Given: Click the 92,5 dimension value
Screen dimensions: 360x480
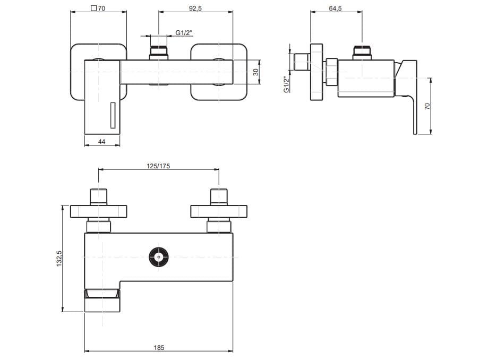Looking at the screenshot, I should [197, 8].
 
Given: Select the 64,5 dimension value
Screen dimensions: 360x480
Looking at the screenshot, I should [336, 8].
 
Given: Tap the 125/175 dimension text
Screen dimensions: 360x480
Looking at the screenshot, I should [158, 166].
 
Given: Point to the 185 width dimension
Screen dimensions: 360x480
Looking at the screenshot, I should [159, 347].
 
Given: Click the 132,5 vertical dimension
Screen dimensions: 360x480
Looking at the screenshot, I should [60, 259].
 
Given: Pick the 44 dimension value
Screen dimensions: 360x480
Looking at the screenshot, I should [102, 142].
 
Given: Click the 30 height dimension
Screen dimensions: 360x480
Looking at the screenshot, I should [255, 72].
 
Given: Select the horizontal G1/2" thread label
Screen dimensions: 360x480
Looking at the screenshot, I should [184, 33].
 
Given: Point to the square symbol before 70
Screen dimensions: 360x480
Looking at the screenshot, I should [94, 8].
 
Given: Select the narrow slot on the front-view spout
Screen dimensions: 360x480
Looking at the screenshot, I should [112, 115].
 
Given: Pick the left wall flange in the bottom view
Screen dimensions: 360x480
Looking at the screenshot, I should [99, 211].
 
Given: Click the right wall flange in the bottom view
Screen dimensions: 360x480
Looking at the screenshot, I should [219, 211].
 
